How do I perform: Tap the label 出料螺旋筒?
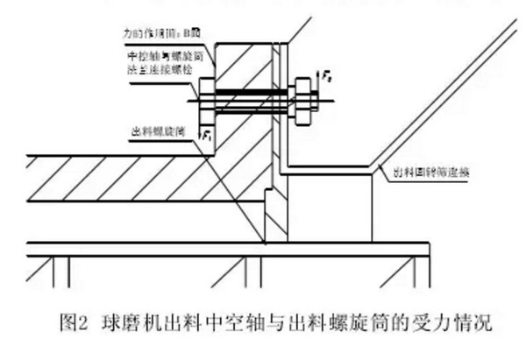(x=150, y=130)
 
